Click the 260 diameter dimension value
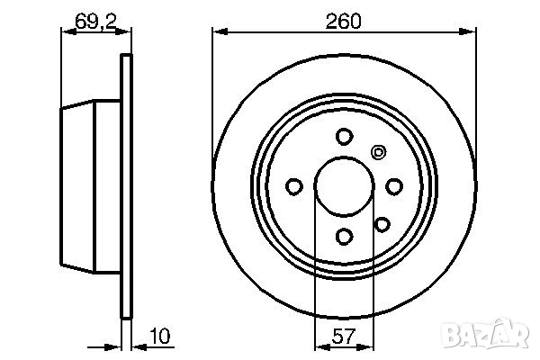(344, 22)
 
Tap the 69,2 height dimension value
(95, 22)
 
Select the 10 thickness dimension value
(160, 337)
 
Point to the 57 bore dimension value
(344, 337)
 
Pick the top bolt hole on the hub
(344, 137)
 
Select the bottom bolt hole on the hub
(344, 237)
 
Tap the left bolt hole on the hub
(294, 186)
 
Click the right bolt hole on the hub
(394, 186)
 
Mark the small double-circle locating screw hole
(378, 152)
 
